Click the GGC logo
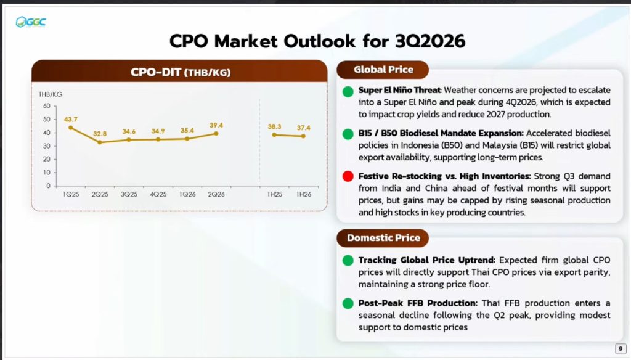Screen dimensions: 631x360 click(31, 22)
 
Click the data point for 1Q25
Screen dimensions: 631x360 click(71, 128)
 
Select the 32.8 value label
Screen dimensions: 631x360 click(100, 134)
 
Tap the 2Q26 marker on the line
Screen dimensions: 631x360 click(216, 133)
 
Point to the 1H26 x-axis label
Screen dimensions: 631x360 click(304, 194)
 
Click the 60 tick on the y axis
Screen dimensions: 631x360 click(47, 106)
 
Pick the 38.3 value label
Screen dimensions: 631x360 click(274, 126)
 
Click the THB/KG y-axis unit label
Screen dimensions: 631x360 click(51, 94)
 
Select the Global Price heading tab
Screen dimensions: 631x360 click(383, 70)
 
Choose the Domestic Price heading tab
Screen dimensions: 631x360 click(383, 238)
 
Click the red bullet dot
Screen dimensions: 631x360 click(348, 176)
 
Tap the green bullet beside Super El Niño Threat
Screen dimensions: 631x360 click(348, 92)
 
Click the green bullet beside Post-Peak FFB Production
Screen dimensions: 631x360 click(348, 303)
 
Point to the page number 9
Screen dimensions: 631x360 click(621, 349)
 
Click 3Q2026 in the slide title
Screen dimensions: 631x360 click(429, 41)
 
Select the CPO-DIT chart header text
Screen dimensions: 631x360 click(181, 72)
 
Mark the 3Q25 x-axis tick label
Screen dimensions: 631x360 click(129, 194)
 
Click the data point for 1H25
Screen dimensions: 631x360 click(274, 135)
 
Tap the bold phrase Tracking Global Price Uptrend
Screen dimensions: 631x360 click(427, 260)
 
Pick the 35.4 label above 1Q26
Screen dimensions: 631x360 click(187, 131)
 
